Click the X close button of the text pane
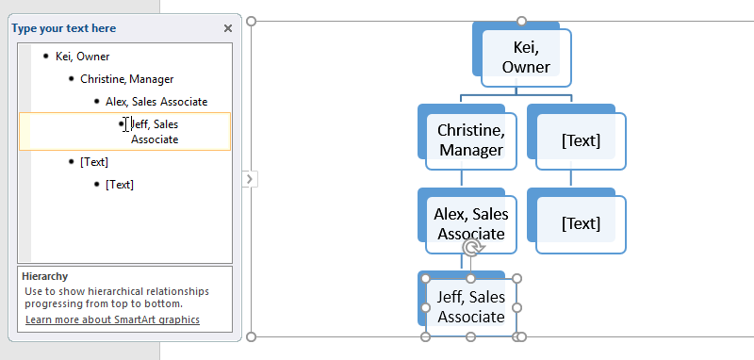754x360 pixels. tap(227, 28)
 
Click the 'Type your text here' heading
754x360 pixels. tap(63, 28)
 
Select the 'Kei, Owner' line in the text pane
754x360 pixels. tap(82, 57)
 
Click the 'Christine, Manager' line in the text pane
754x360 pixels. tap(126, 79)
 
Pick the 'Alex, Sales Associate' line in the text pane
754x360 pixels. tap(156, 102)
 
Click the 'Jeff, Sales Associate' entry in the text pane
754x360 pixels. tap(155, 131)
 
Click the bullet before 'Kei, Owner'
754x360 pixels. tap(45, 57)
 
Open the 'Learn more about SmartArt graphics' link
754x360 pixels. tap(112, 319)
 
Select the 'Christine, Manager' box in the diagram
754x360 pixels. tap(470, 139)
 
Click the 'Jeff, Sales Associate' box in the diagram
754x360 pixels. tap(470, 306)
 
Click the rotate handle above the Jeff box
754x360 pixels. tap(470, 248)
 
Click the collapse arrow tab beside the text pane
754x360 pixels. tap(250, 178)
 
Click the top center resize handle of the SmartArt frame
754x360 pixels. tap(521, 20)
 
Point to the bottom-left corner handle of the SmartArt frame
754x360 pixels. tap(251, 336)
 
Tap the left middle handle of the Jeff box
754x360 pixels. tap(425, 307)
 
